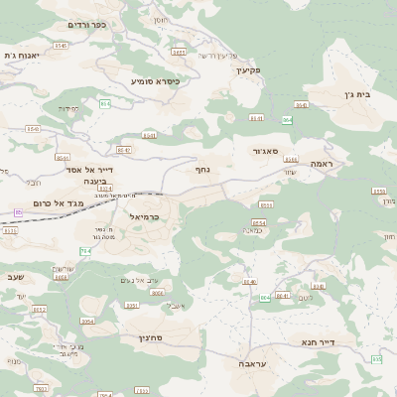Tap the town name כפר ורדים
(x=86, y=24)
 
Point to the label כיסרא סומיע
(x=156, y=80)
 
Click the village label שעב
(x=14, y=277)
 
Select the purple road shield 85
(x=18, y=212)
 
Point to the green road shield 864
(x=287, y=119)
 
